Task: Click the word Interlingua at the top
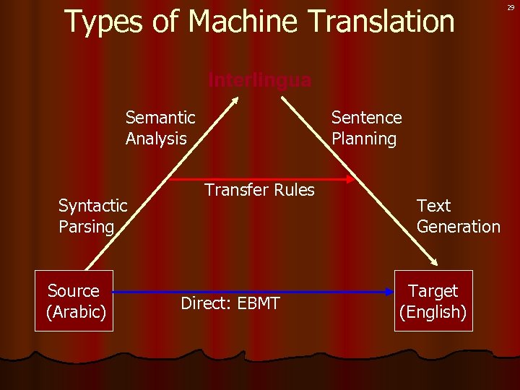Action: pos(260,79)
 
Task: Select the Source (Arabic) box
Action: pos(74,300)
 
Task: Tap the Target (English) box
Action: pos(433,300)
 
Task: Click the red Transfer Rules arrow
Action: pos(260,178)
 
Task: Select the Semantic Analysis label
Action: pos(160,128)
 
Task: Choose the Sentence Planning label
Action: pos(366,128)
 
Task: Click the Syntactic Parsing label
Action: pos(92,216)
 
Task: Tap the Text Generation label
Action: pos(458,216)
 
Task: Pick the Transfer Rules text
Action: pos(260,190)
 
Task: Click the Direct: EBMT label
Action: pos(230,303)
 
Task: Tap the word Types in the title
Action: pos(101,23)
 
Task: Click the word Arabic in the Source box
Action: pos(76,312)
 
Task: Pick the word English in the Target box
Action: pos(433,312)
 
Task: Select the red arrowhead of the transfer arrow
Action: pos(351,178)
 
